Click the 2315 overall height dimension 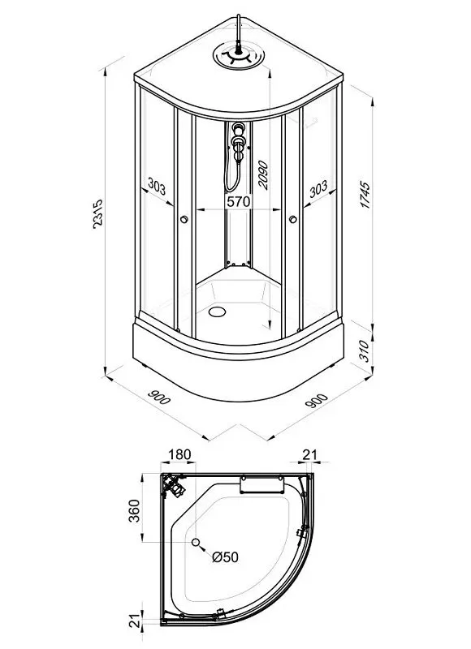97,213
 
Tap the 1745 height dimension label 365,195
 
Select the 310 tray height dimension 364,351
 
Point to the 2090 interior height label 262,175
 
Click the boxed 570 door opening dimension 239,201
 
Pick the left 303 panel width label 157,187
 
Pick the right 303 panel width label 318,188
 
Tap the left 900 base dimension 159,398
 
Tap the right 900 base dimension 317,400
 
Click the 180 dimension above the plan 179,454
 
